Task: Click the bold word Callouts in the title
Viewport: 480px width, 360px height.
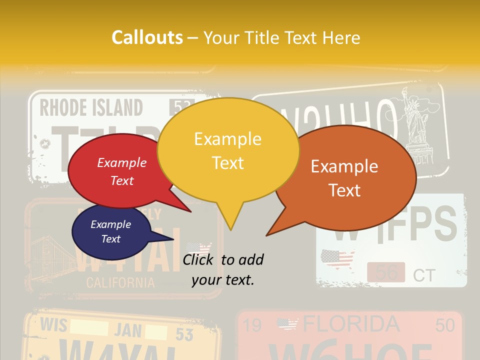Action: tap(147, 37)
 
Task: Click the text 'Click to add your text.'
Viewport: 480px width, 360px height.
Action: tap(223, 269)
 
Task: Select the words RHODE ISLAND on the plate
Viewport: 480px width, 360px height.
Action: tap(91, 108)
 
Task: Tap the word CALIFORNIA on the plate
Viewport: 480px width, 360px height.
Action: tap(120, 282)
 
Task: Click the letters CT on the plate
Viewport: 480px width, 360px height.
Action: tap(424, 275)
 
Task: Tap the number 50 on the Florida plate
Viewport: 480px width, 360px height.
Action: tap(445, 325)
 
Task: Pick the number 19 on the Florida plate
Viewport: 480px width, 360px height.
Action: tap(252, 326)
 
